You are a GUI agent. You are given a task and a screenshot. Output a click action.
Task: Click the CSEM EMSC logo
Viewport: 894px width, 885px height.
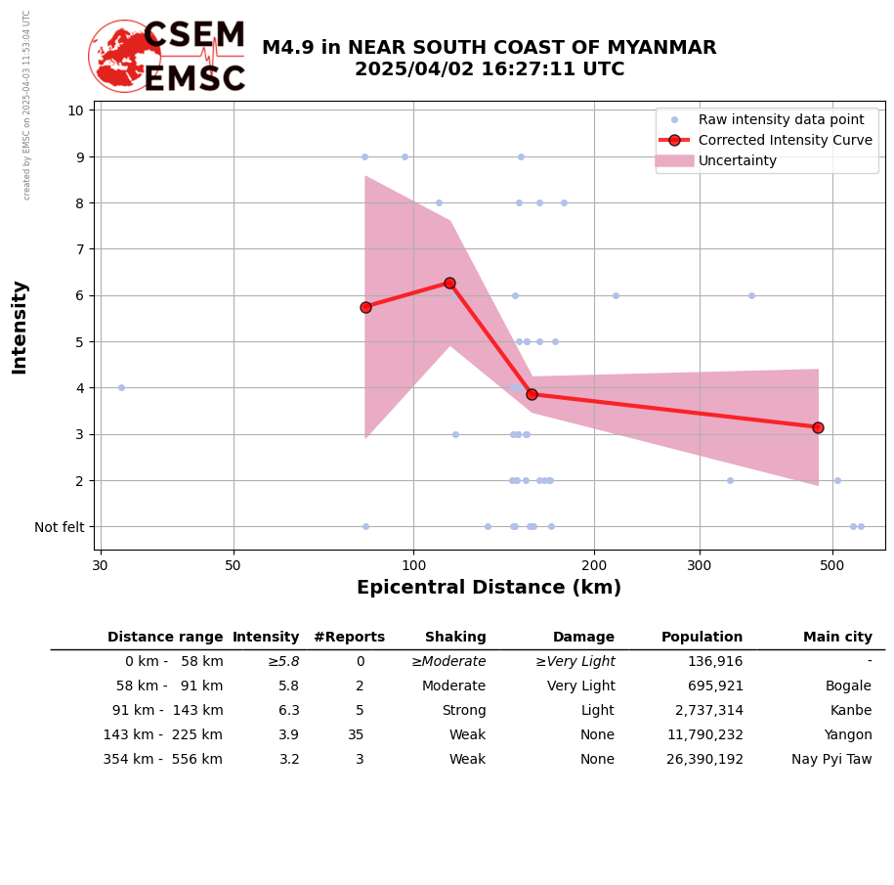coord(167,57)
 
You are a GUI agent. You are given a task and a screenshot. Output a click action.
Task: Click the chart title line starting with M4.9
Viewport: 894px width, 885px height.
coord(489,48)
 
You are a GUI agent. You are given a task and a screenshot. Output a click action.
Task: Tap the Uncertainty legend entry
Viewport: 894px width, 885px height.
coord(737,160)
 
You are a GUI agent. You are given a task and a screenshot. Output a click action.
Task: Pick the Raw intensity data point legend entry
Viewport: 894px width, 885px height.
coord(781,119)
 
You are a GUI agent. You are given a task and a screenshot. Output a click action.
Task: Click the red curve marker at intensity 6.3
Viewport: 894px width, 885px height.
coord(449,283)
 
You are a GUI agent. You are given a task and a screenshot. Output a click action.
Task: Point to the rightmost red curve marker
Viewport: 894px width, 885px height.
coord(818,427)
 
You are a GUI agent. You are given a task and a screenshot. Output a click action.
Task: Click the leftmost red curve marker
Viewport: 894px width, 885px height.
coord(365,307)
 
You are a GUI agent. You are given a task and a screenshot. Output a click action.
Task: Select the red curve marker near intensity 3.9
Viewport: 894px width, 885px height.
coord(532,394)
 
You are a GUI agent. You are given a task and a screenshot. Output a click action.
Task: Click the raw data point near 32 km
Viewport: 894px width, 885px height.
coord(121,387)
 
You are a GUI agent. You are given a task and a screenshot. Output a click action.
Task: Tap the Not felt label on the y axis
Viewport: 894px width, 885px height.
coord(60,527)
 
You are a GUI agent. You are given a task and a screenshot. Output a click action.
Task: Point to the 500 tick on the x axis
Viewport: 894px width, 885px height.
coord(831,564)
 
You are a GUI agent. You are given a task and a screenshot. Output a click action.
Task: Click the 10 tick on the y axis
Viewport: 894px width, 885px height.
coord(75,110)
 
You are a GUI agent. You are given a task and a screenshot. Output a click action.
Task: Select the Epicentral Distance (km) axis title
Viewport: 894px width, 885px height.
coord(489,588)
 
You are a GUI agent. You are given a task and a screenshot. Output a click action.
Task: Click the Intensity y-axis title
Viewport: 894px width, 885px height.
coord(20,327)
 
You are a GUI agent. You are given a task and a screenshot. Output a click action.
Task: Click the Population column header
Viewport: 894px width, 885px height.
coord(702,638)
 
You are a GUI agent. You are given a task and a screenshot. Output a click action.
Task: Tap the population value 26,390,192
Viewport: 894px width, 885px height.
coord(704,760)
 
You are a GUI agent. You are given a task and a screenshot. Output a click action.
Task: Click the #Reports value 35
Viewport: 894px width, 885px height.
coord(356,735)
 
